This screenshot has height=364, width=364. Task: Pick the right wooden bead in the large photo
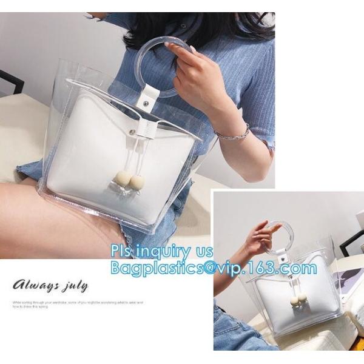[137, 181]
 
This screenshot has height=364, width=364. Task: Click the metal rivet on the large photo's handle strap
[146, 104]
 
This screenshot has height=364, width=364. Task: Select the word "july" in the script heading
[74, 285]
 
